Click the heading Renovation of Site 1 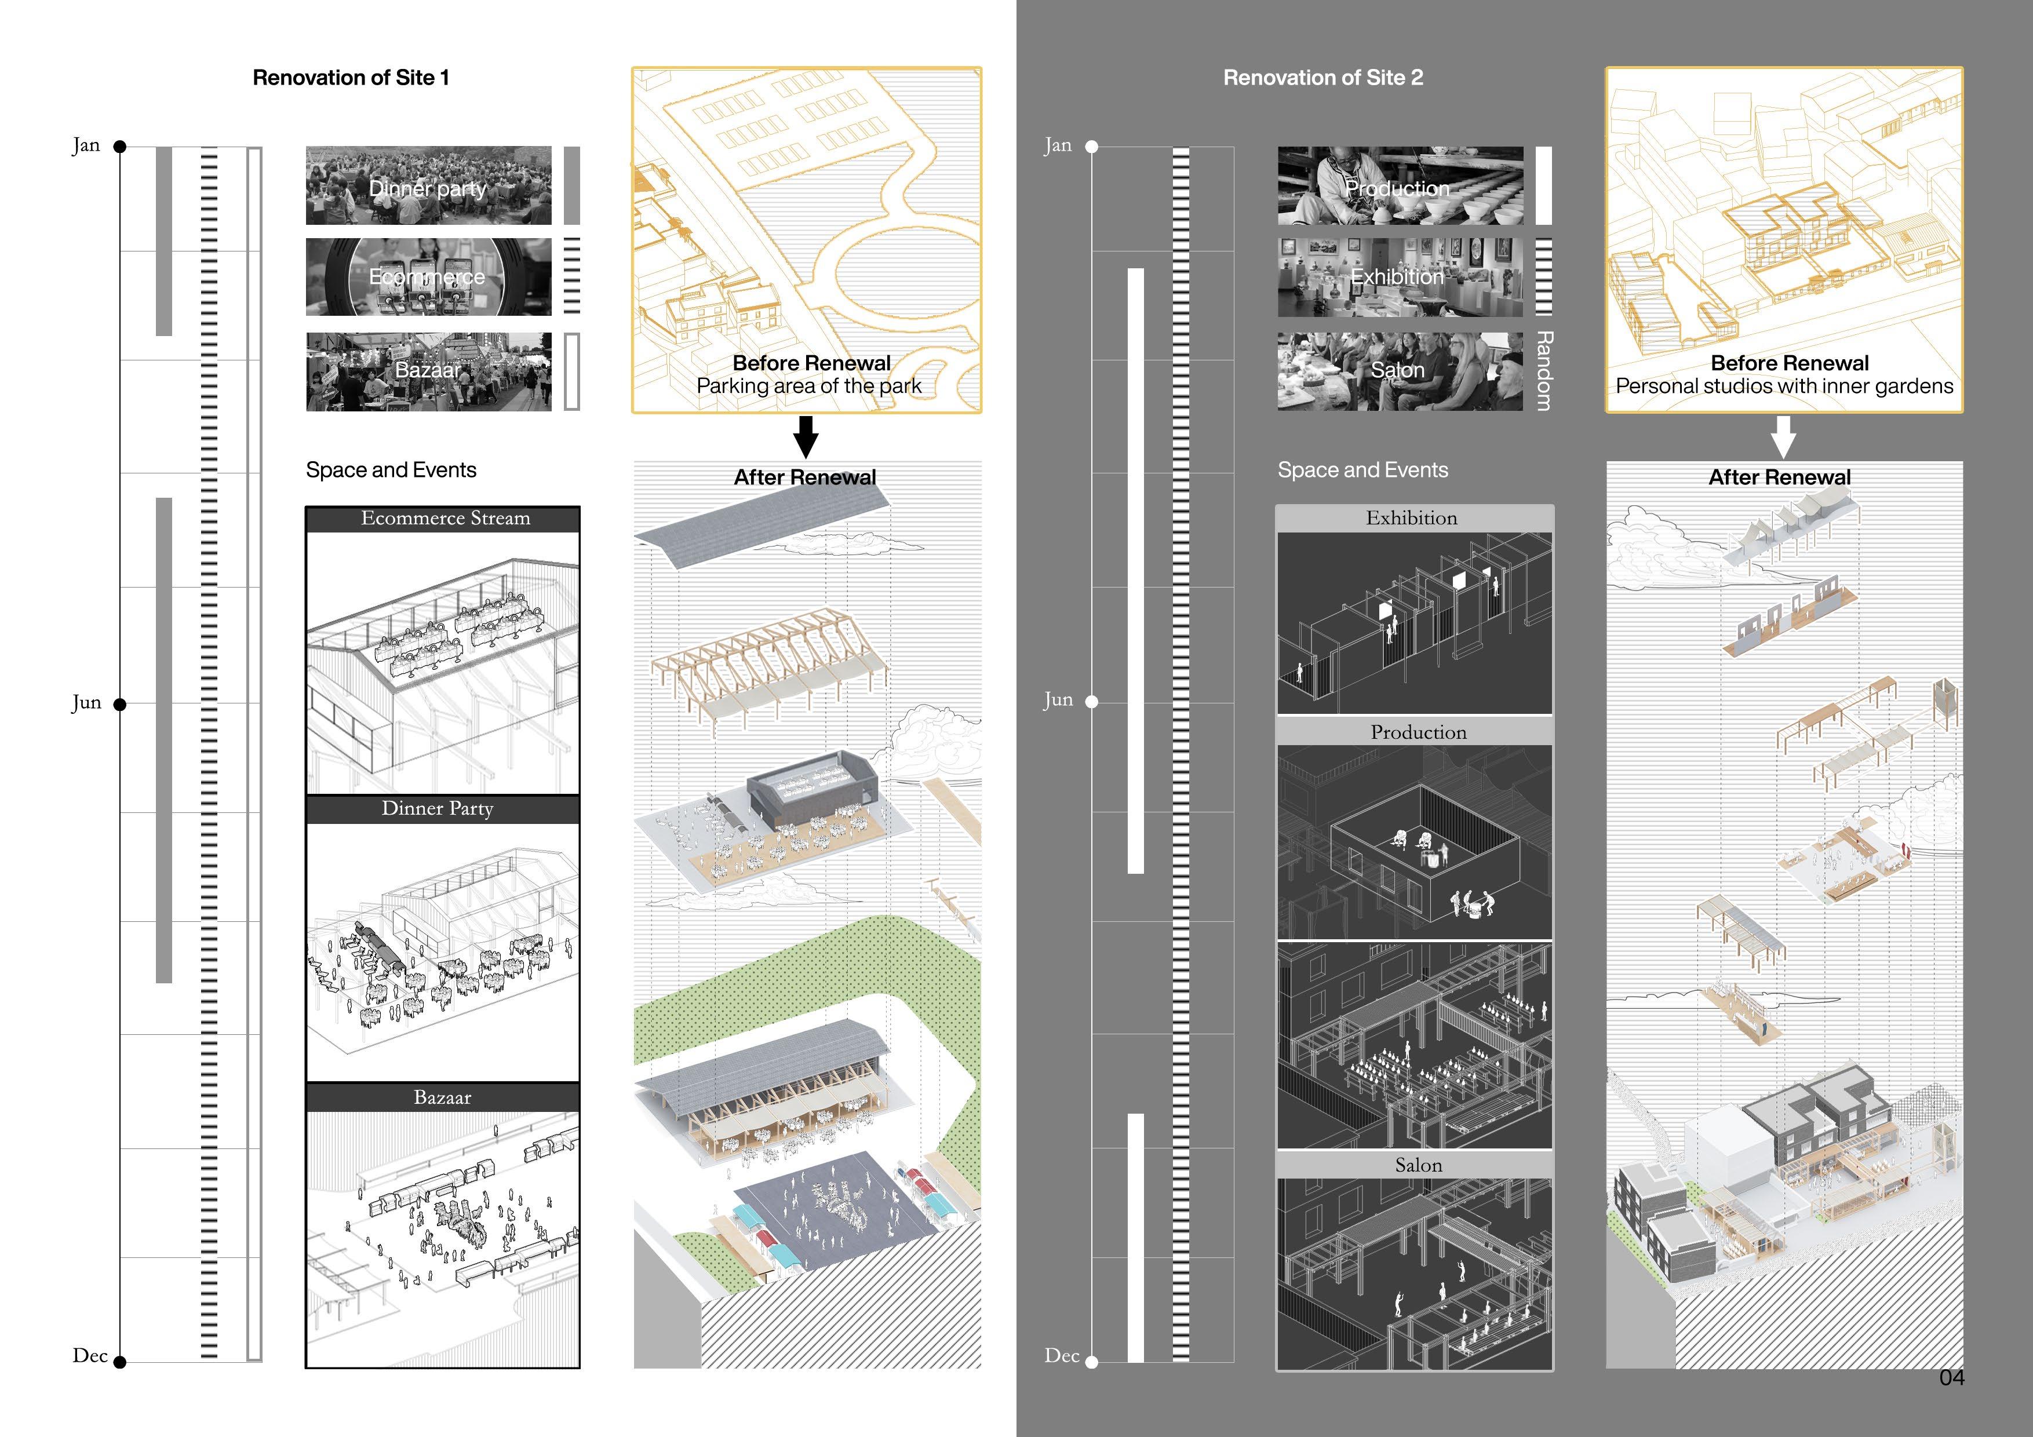(x=351, y=78)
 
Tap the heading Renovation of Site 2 (x=1323, y=78)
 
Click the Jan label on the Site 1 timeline (x=86, y=145)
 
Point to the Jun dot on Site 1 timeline (x=121, y=705)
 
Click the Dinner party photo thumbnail (x=428, y=186)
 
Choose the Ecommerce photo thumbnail (x=428, y=277)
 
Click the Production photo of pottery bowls (x=1400, y=186)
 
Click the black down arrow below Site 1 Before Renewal (x=806, y=436)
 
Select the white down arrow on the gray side (x=1783, y=436)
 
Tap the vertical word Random (x=1543, y=370)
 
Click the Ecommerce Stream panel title (x=446, y=519)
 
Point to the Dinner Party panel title (x=438, y=808)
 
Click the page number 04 (x=1951, y=1378)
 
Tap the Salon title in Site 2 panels (x=1419, y=1166)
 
